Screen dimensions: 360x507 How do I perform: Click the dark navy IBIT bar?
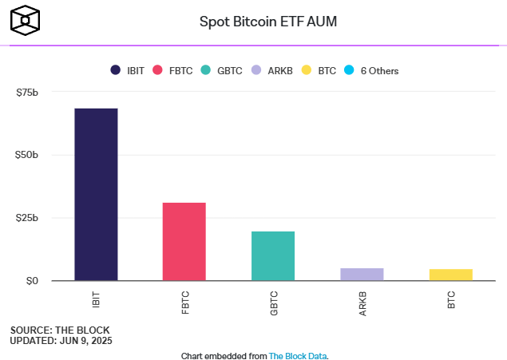[96, 194]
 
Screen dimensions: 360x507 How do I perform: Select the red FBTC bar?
[184, 241]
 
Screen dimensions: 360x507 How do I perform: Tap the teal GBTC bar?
[273, 255]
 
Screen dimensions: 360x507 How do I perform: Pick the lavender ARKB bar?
[362, 274]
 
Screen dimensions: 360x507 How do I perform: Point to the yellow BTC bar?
[451, 275]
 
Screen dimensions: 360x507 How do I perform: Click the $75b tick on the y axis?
[27, 93]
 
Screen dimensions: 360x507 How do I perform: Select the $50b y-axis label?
[27, 155]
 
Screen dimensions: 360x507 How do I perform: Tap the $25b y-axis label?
[27, 218]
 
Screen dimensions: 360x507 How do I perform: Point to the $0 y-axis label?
[32, 281]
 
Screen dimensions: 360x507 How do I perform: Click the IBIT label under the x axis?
[97, 300]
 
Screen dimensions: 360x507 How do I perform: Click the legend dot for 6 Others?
[348, 70]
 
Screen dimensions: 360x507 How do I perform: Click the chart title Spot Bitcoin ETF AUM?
[267, 22]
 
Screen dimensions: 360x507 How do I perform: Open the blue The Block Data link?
[297, 355]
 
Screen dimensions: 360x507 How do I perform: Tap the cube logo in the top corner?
[25, 20]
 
